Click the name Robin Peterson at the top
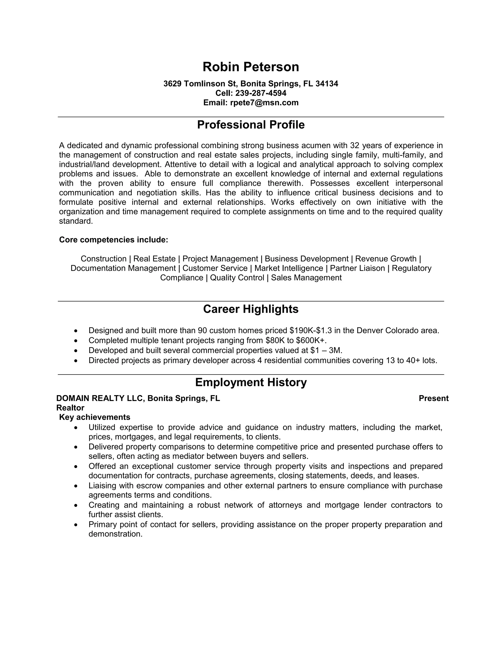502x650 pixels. pyautogui.click(x=251, y=67)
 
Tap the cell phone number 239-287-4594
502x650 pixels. pyautogui.click(x=261, y=93)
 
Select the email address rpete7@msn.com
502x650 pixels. pyautogui.click(x=264, y=103)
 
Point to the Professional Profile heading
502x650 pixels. pyautogui.click(x=251, y=125)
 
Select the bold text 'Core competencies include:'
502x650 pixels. pyautogui.click(x=113, y=240)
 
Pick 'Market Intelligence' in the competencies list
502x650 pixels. pyautogui.click(x=289, y=268)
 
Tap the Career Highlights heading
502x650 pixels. pyautogui.click(x=251, y=309)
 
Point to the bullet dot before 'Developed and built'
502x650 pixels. pyautogui.click(x=76, y=351)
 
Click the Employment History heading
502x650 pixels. pyautogui.click(x=251, y=382)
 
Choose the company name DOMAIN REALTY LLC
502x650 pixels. pyautogui.click(x=100, y=398)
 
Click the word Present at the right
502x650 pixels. pyautogui.click(x=433, y=398)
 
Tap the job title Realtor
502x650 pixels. pyautogui.click(x=70, y=408)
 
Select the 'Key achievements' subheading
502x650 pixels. pyautogui.click(x=95, y=417)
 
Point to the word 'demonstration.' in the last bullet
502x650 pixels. pyautogui.click(x=115, y=534)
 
